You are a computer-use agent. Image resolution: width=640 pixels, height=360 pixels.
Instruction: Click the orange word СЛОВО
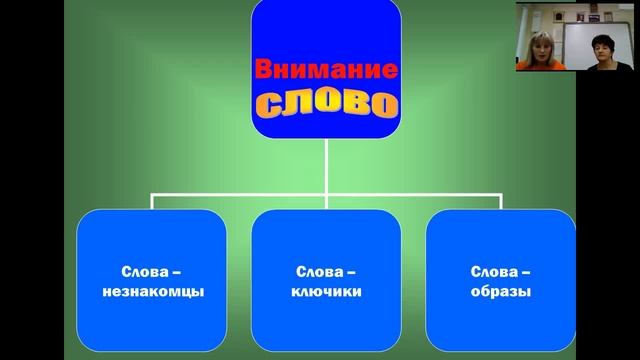326,102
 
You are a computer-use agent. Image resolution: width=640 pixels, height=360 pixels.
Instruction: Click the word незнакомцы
153,293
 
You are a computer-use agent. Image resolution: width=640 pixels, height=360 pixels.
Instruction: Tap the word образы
500,293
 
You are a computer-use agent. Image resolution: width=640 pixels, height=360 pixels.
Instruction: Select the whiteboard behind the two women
578,40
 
